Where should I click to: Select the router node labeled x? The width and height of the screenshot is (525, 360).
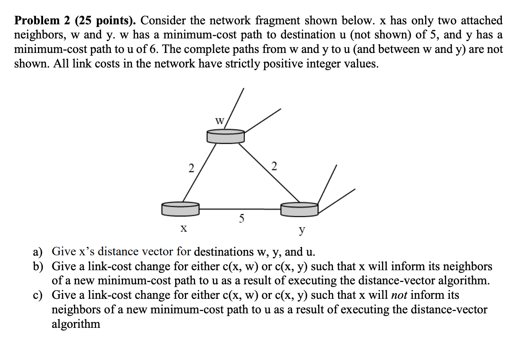point(180,208)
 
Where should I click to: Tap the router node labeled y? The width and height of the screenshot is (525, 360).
point(299,209)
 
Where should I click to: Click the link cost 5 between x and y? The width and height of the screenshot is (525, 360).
point(242,218)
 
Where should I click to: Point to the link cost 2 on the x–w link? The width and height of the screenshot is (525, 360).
point(191,168)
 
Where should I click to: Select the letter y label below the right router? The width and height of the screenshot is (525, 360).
point(301,230)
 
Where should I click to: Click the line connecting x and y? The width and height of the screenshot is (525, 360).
point(240,209)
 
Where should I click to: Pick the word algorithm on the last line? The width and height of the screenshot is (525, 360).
point(76,324)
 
